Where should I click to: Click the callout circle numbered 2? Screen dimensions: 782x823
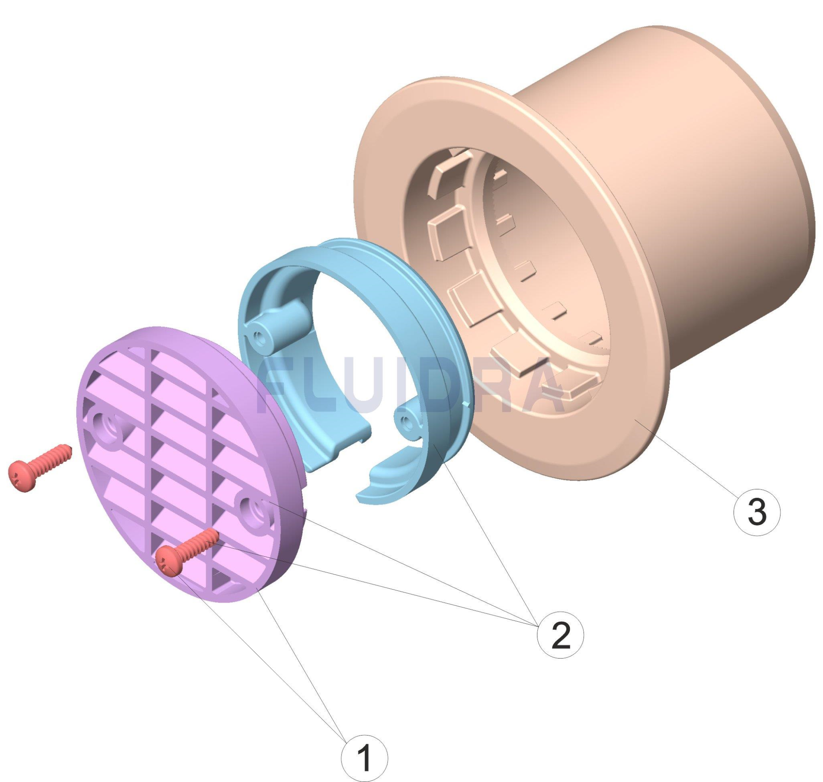pyautogui.click(x=560, y=635)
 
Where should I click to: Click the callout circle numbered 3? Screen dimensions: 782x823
pyautogui.click(x=756, y=512)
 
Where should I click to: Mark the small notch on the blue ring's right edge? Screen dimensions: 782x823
pyautogui.click(x=467, y=403)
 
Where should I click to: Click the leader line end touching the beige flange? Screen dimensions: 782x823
pyautogui.click(x=635, y=421)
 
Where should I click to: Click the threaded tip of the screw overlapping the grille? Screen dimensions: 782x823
pyautogui.click(x=211, y=536)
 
